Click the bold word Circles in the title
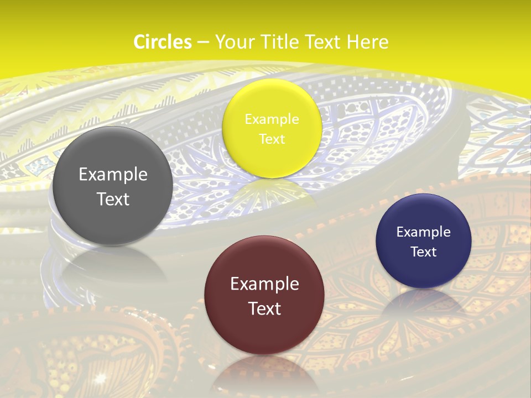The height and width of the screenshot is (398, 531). (x=163, y=42)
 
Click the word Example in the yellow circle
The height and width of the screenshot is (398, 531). (x=272, y=119)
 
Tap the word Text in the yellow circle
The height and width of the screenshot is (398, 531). (x=272, y=139)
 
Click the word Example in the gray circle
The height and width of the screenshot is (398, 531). (x=113, y=175)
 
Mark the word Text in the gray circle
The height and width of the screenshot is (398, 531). (x=113, y=199)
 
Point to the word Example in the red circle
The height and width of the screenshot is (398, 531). (x=264, y=284)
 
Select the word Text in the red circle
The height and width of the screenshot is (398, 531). (x=264, y=308)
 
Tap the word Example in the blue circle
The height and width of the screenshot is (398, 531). (x=423, y=232)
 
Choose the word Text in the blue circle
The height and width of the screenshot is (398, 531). (x=423, y=252)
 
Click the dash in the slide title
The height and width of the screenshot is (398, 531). (x=202, y=43)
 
